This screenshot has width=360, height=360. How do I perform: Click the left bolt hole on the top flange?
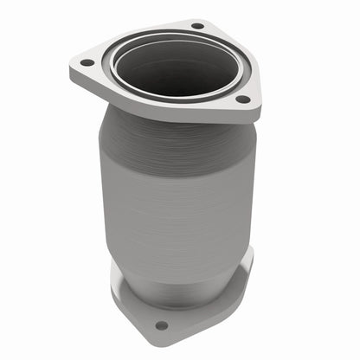click(86, 61)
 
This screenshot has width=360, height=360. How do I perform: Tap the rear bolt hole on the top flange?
click(197, 26)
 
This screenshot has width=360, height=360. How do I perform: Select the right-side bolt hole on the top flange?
click(244, 98)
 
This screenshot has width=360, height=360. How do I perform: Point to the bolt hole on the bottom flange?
click(161, 325)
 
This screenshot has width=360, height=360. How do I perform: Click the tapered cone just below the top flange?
click(173, 134)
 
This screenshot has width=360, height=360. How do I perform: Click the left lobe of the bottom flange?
click(121, 290)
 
